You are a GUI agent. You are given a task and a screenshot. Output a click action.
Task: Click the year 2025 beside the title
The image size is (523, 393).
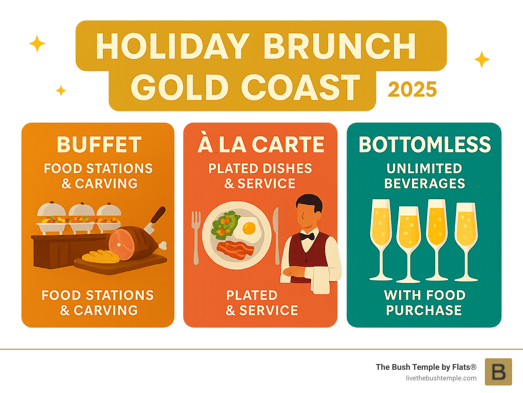coord(412,90)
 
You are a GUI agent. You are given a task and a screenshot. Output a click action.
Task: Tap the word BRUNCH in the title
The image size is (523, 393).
coord(339,47)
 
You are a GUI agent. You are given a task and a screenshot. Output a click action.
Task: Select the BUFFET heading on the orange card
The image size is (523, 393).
coord(99,145)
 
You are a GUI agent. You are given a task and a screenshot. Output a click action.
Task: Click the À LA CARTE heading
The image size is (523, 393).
coord(261,145)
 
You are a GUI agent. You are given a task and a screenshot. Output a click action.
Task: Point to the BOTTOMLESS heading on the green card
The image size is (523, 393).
coord(425,145)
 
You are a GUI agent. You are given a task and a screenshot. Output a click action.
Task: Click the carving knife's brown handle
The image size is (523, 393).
coord(158,215)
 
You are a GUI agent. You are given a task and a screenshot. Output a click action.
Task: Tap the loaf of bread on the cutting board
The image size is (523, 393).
coord(101,257)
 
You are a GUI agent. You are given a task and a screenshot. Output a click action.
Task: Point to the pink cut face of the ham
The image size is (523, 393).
coord(121,244)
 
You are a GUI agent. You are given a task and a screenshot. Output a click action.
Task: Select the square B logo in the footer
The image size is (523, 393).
coord(498,372)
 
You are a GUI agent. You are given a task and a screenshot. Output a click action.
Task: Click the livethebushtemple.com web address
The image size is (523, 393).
coord(441,378)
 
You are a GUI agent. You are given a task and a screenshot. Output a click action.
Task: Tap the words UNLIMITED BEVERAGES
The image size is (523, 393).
coord(425,176)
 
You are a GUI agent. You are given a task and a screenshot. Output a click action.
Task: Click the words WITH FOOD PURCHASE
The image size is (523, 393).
coord(425,303)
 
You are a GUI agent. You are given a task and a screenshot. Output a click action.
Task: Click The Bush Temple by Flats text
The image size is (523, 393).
coord(426,367)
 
